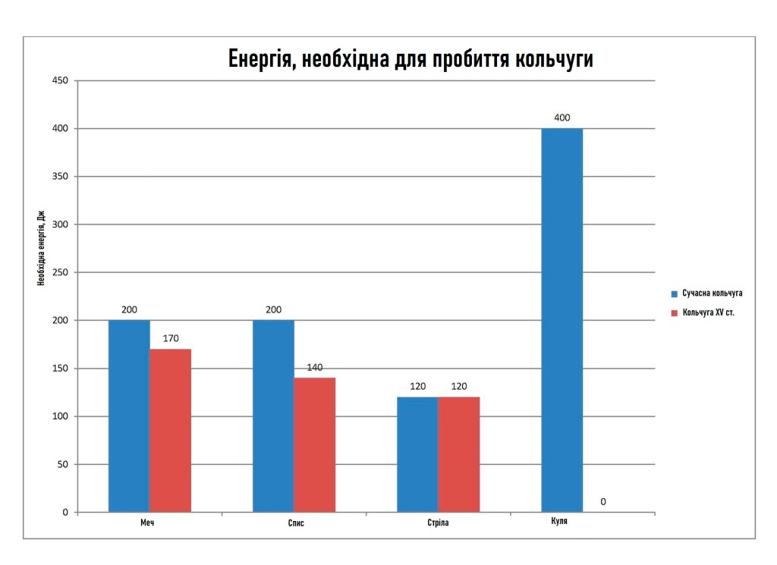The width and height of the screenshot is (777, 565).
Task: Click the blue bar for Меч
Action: click(129, 416)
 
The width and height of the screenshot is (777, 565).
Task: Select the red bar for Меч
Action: click(170, 430)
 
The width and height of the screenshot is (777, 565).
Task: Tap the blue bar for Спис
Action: click(273, 416)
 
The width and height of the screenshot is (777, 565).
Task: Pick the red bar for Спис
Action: click(314, 444)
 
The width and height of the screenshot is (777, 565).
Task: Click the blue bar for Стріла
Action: click(417, 454)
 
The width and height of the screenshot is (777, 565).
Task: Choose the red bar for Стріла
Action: click(458, 454)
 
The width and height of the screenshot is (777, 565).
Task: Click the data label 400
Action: click(562, 118)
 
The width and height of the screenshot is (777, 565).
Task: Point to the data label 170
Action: click(171, 338)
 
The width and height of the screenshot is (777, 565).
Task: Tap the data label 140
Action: click(315, 367)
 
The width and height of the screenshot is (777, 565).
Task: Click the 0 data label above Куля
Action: click(603, 501)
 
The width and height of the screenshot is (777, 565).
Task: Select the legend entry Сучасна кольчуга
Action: click(711, 293)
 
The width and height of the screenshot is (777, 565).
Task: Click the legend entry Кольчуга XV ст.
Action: click(708, 312)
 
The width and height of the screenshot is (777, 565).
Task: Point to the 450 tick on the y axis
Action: click(59, 80)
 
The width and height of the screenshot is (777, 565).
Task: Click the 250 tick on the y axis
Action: click(59, 272)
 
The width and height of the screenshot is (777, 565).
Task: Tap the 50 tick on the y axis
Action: click(61, 464)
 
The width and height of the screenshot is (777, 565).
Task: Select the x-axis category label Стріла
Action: click(438, 523)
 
